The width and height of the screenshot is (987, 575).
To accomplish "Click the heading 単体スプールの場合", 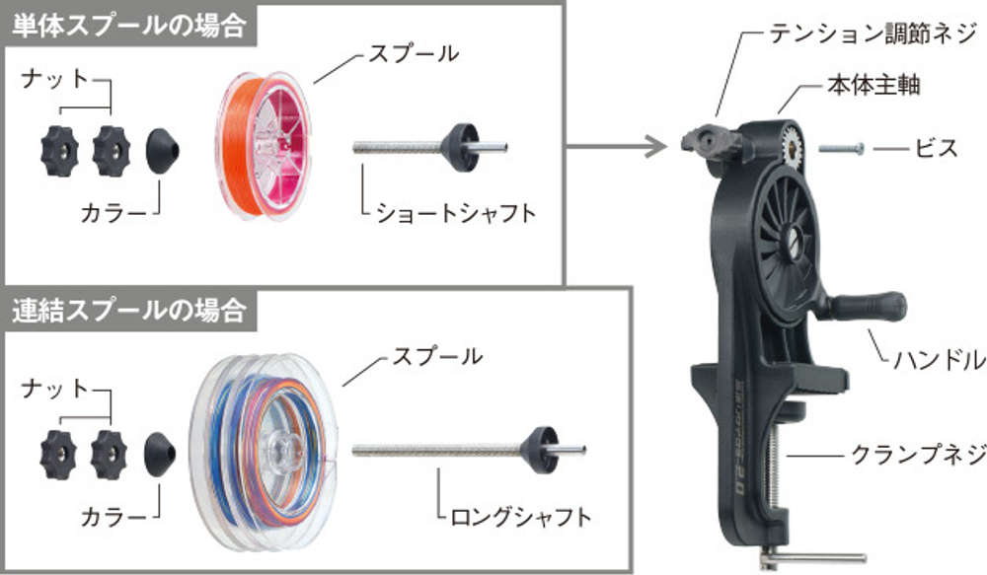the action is [x=128, y=26].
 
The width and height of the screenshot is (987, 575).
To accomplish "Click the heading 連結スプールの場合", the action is [x=128, y=310].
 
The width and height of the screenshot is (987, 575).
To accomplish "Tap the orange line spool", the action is [x=264, y=145].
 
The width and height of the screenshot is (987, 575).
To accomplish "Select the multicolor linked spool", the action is [x=265, y=451].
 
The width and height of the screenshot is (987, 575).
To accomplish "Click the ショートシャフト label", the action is [x=456, y=213].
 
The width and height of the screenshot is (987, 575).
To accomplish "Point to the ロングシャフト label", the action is [x=521, y=517].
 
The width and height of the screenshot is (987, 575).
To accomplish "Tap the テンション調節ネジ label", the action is [x=873, y=34].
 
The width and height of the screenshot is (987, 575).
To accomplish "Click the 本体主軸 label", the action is [x=873, y=85].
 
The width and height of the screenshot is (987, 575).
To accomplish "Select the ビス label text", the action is [x=937, y=149].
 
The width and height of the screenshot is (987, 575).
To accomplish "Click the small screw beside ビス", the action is [x=842, y=149].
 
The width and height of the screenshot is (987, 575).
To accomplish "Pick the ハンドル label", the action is [x=940, y=360].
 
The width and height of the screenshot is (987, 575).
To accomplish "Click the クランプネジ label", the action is [x=918, y=454].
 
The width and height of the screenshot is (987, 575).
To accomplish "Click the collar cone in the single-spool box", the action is [x=163, y=151].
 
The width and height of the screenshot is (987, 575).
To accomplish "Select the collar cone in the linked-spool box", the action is [x=160, y=455].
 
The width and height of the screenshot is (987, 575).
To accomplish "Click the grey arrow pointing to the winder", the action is [x=616, y=147].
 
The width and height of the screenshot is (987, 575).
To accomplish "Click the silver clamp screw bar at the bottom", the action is [x=814, y=557].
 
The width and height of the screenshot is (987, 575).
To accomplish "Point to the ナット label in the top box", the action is [x=54, y=80].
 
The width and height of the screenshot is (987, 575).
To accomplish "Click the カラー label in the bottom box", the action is [x=114, y=517].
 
